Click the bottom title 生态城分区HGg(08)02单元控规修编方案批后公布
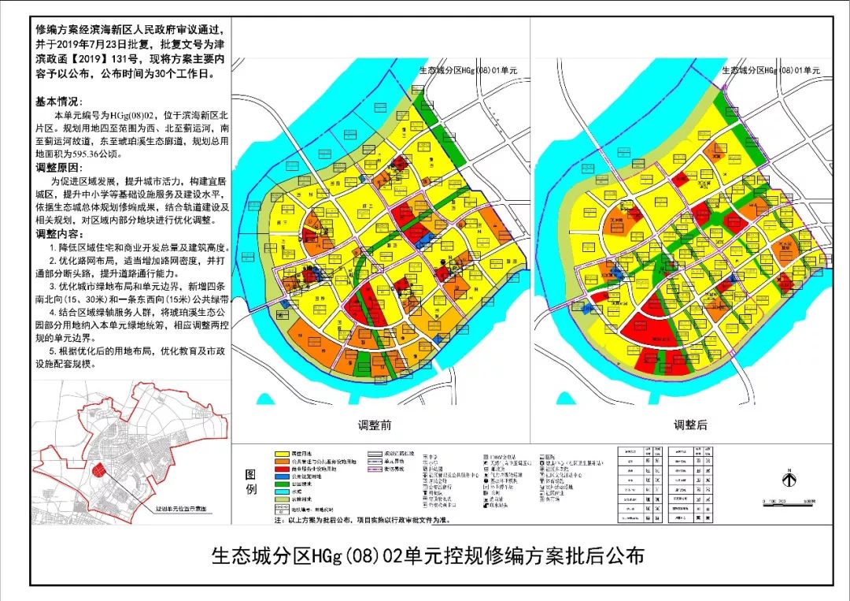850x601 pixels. [x=428, y=556]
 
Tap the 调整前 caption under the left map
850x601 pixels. [x=375, y=425]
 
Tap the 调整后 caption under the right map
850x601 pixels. [x=689, y=425]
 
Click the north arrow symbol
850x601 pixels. [x=787, y=477]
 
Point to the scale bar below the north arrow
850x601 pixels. [x=787, y=500]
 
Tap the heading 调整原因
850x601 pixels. [x=58, y=168]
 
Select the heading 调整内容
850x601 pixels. [x=58, y=233]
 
